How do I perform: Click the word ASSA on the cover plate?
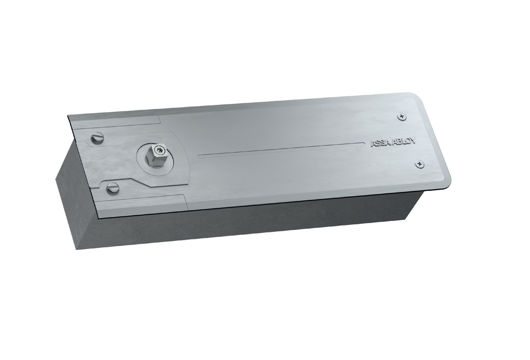379,143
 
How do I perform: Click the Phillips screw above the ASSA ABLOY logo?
402,117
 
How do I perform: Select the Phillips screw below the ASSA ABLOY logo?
420,164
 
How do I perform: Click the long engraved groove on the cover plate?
280,149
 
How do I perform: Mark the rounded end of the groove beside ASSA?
363,143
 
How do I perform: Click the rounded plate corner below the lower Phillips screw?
445,185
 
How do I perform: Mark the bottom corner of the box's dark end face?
77,249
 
